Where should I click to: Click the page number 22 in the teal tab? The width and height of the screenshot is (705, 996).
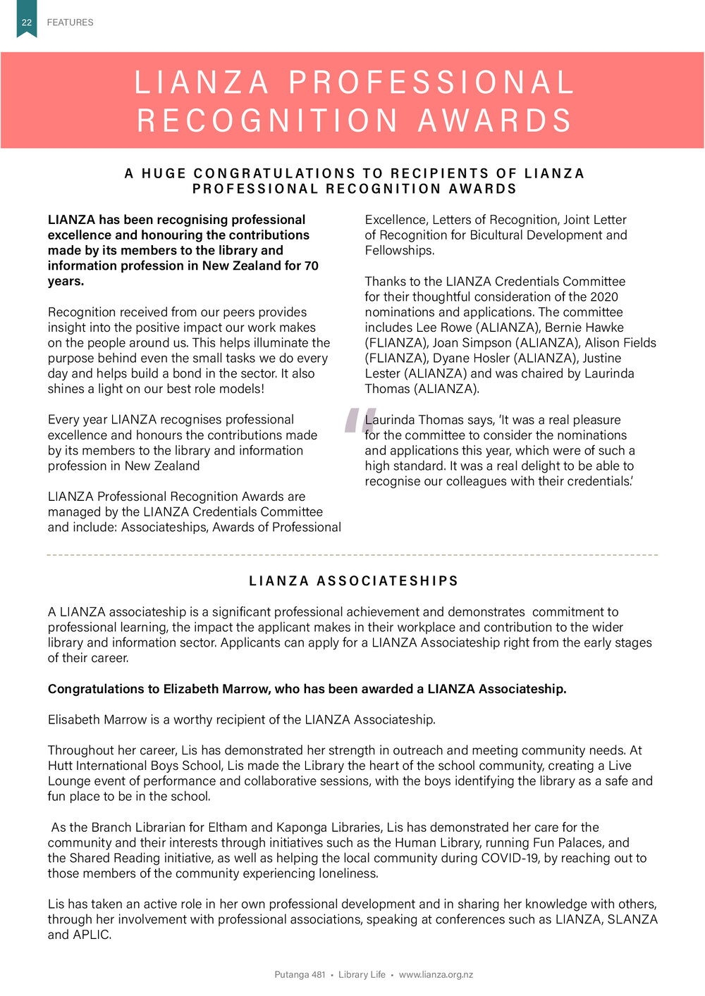tap(27, 23)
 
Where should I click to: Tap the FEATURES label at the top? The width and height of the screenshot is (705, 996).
tap(70, 23)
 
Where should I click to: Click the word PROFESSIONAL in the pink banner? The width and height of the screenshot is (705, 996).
tap(431, 82)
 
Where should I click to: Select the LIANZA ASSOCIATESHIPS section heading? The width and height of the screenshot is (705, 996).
tap(354, 581)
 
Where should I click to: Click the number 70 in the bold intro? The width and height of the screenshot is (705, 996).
tap(311, 266)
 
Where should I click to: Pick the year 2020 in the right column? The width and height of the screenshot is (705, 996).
tap(603, 297)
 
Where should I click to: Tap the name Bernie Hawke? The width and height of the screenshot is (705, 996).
tap(584, 328)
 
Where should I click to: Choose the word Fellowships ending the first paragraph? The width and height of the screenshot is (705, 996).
tap(398, 251)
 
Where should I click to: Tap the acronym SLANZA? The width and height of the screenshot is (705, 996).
tap(631, 919)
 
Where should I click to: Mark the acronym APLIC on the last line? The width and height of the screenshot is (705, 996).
tap(92, 935)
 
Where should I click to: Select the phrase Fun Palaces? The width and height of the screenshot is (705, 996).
tap(567, 842)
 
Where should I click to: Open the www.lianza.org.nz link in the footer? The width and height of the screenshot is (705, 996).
tap(436, 975)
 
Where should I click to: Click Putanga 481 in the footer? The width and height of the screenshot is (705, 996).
tap(300, 975)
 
